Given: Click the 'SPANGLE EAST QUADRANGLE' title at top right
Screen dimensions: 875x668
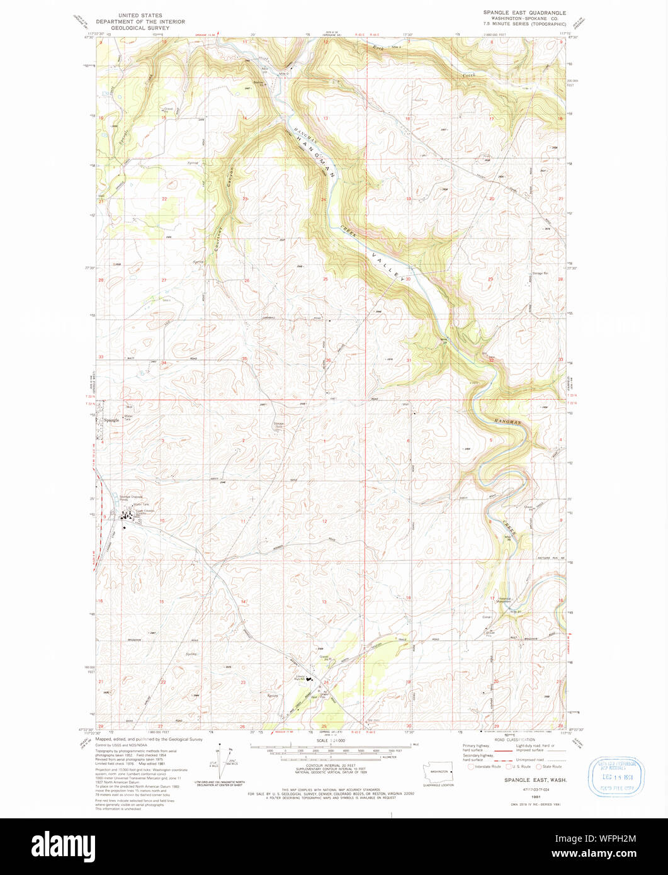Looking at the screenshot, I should click(524, 13).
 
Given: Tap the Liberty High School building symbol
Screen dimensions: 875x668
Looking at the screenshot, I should click(309, 680).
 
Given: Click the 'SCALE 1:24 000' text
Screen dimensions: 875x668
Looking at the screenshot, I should click(331, 741).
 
